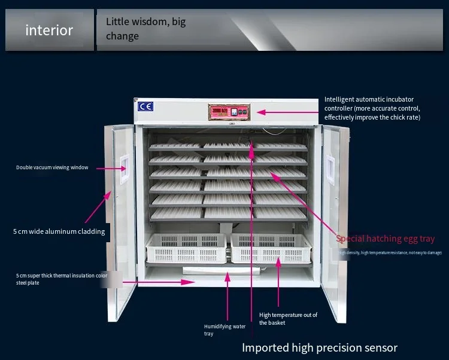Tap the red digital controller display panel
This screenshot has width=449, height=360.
tap(228, 112)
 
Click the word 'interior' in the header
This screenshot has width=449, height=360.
tap(49, 30)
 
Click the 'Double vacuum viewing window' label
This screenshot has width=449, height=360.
tap(52, 167)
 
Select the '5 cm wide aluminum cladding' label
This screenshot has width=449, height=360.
tap(59, 231)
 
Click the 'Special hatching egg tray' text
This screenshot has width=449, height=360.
tap(385, 239)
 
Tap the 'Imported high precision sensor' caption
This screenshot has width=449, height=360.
tap(319, 347)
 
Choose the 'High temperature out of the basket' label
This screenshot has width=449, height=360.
tap(288, 318)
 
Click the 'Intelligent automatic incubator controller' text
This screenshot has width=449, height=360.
tap(372, 108)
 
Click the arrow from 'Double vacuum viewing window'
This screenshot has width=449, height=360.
tap(107, 169)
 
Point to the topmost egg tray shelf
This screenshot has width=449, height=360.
tap(227, 146)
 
